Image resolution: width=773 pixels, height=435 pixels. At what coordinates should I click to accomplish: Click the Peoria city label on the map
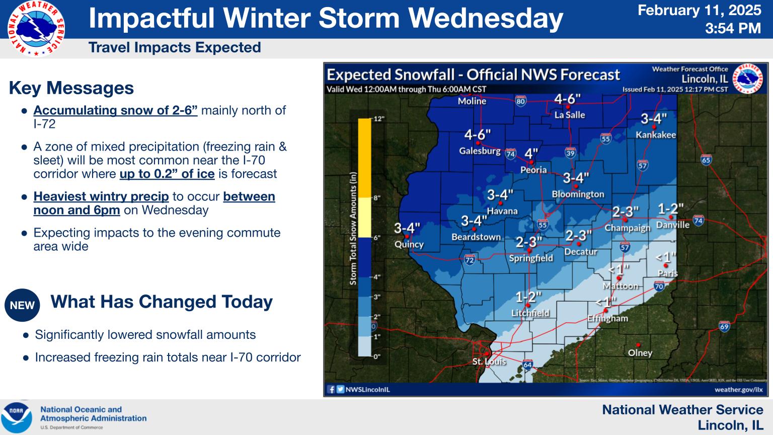point(533,170)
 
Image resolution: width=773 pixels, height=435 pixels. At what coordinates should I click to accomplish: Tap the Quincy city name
point(409,244)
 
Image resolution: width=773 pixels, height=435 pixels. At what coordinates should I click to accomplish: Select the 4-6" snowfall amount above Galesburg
point(477,135)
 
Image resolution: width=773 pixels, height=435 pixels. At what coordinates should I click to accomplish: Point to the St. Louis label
point(489,361)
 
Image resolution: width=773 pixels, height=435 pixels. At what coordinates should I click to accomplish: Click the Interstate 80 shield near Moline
point(520,101)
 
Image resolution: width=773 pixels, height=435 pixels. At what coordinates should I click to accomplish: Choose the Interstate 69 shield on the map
point(724,326)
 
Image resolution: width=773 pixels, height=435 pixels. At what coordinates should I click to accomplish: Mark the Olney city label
point(640,353)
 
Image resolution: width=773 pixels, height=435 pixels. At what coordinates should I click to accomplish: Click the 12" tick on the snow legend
point(379,119)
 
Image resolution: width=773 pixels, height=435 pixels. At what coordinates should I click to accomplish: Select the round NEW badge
point(23,305)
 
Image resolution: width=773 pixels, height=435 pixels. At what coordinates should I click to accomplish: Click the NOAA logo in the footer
point(17,417)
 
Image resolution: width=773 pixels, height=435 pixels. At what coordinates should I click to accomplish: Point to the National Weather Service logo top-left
point(36,28)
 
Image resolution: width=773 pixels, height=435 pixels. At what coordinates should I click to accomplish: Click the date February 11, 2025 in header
point(700,11)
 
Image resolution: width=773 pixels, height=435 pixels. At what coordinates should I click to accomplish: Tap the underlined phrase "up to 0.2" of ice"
point(167,174)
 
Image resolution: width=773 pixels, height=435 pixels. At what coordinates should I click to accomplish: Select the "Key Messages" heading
point(71,88)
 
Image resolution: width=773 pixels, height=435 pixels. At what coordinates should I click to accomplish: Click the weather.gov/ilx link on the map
point(738,389)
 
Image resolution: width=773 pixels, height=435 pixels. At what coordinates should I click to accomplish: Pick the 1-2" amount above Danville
point(670,209)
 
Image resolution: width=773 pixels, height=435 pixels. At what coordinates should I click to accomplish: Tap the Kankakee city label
point(655,135)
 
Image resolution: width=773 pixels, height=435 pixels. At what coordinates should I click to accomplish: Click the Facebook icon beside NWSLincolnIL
point(331,389)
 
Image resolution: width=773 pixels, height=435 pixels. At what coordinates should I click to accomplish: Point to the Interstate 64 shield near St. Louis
point(527,365)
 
